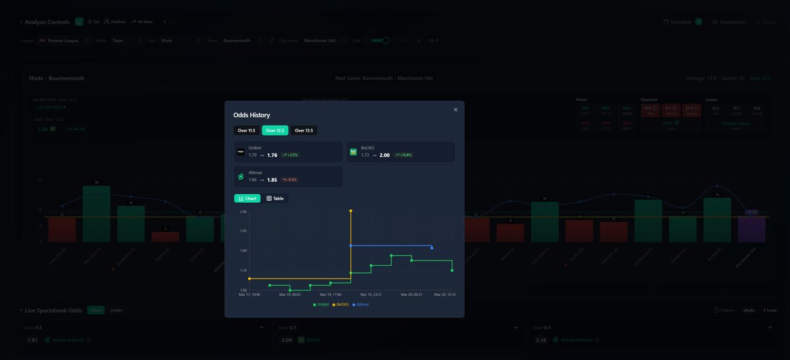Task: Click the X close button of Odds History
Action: point(456,110)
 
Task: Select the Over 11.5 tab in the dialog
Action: point(246,130)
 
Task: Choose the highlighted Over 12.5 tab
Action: point(275,130)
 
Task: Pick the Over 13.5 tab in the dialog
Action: point(303,130)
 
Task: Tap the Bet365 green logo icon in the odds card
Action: point(354,152)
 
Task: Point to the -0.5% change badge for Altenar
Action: point(289,180)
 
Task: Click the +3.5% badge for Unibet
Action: point(290,155)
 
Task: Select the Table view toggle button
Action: point(275,198)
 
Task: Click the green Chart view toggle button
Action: point(247,198)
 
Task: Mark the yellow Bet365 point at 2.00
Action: point(351,211)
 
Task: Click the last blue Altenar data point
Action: point(432,248)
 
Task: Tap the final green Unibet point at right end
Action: point(452,270)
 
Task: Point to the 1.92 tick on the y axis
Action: point(243,231)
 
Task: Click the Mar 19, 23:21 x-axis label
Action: point(371,295)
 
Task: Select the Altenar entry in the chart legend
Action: point(361,305)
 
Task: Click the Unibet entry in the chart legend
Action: point(321,305)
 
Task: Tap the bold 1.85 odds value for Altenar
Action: point(272,180)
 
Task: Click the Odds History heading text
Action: point(251,115)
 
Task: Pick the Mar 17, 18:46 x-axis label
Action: point(250,295)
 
